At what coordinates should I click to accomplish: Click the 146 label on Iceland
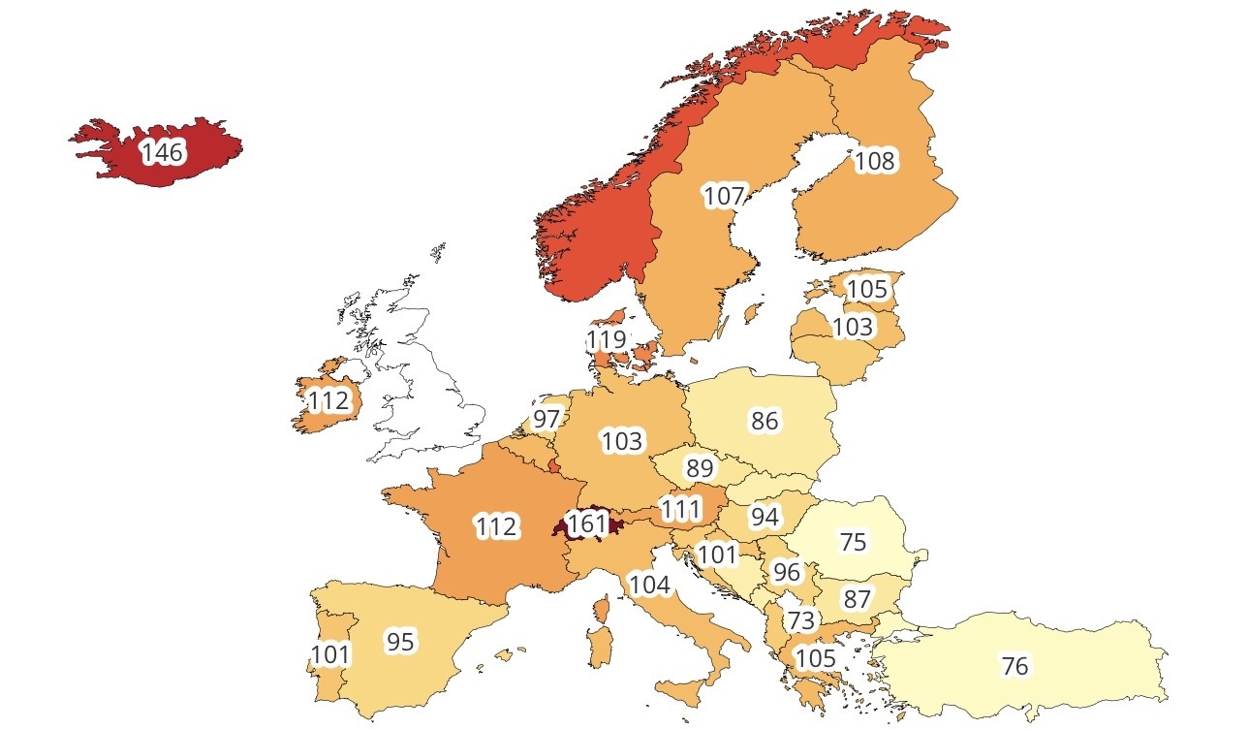point(162,152)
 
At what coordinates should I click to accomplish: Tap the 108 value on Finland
point(874,161)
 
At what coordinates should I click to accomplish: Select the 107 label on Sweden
point(724,196)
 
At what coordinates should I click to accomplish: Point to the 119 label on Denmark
point(607,340)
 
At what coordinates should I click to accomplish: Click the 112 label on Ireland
point(328,400)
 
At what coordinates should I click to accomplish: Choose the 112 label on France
point(496,527)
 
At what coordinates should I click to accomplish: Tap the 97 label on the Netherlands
point(546,420)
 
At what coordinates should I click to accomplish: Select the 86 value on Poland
point(765,421)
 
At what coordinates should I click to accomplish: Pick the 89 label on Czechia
point(699,469)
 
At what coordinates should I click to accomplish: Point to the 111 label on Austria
point(681,508)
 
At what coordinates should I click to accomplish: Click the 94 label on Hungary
point(765,518)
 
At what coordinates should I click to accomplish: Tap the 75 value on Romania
point(853,542)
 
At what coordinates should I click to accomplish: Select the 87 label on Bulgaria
point(857,599)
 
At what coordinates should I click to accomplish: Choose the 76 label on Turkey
point(1015,666)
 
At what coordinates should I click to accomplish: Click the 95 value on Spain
point(400,642)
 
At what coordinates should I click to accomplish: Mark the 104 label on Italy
point(649,585)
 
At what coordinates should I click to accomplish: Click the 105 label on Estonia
point(866,289)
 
